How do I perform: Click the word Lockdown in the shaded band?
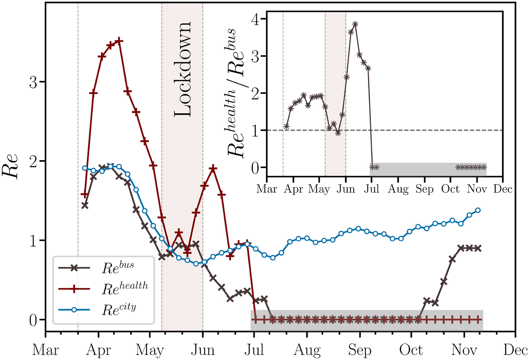coord(183,70)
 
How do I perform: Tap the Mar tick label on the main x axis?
coord(46,350)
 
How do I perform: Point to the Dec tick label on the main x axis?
coord(516,350)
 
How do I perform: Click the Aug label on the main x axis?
coord(307,350)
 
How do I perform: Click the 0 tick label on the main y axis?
coord(32,320)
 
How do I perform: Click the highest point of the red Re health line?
coord(119,41)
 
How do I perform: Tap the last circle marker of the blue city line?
coord(478,210)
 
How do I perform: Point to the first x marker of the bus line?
coord(85,205)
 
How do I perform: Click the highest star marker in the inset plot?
coord(355,24)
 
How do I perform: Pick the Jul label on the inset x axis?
coord(371,189)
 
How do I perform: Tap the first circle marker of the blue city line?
coord(85,168)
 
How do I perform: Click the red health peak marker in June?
coord(213,168)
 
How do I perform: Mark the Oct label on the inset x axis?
coord(450,189)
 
